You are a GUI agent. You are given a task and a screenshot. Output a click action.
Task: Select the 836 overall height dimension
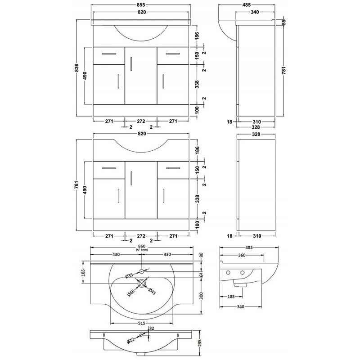click(77, 68)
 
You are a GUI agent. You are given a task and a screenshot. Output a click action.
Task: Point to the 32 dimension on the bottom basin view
click(152, 329)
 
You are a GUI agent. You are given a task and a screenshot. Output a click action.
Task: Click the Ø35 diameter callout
click(129, 275)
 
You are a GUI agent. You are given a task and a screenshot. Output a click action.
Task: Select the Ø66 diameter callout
click(131, 292)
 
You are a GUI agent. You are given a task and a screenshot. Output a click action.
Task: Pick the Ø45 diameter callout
click(152, 291)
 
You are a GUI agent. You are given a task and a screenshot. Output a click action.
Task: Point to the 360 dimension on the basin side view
click(242, 255)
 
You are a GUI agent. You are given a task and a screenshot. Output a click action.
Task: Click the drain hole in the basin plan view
click(142, 283)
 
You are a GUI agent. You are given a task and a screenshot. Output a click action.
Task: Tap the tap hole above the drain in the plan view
click(142, 271)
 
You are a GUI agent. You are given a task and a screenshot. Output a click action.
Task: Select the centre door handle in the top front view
click(131, 63)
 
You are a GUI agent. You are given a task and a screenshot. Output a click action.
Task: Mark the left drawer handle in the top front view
click(109, 54)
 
